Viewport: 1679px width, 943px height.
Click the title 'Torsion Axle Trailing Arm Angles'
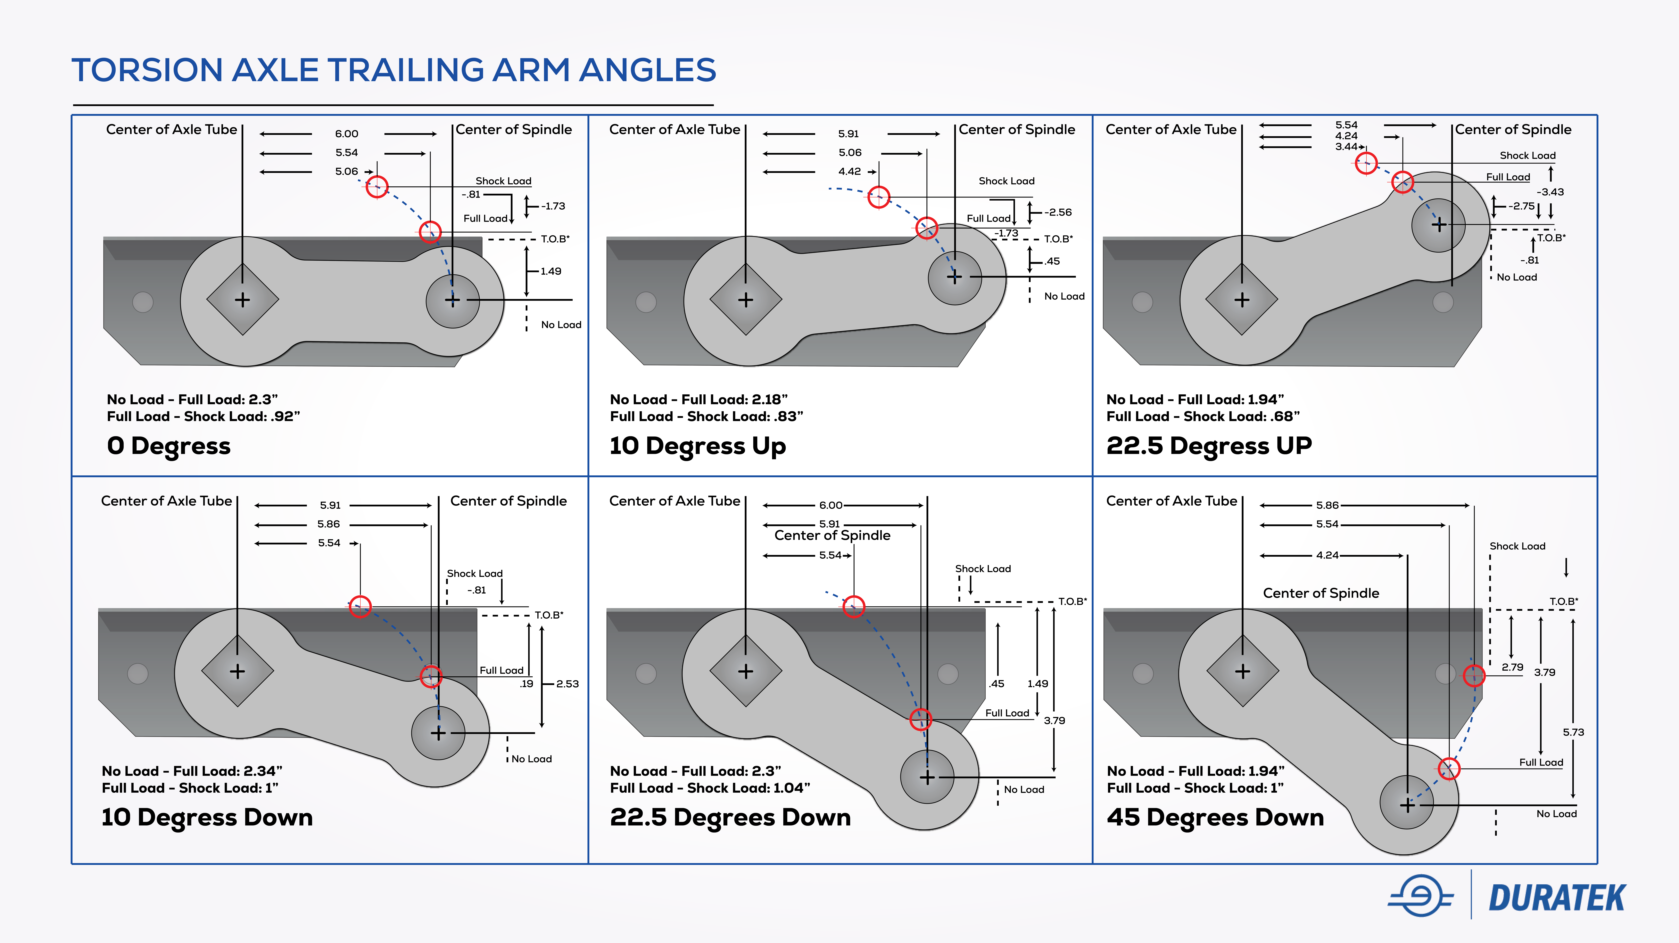pos(394,70)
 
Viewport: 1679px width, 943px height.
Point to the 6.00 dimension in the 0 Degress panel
pos(347,134)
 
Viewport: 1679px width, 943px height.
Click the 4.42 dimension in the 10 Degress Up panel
pos(849,171)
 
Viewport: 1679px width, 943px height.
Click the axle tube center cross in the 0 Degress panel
pos(242,300)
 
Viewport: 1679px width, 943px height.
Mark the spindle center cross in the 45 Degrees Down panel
pos(1407,805)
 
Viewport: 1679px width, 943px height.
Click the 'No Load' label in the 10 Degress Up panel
pos(1064,296)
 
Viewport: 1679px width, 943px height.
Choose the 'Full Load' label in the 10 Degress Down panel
pos(501,670)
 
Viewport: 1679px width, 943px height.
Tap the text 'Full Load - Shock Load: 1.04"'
pos(710,788)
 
